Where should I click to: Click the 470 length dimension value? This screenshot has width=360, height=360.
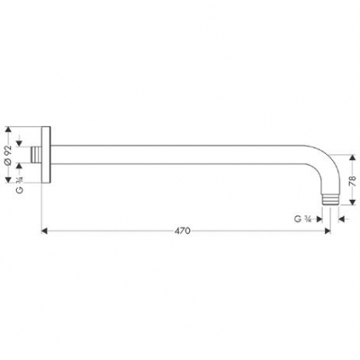pyautogui.click(x=183, y=230)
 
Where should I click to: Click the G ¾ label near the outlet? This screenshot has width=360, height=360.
pyautogui.click(x=304, y=219)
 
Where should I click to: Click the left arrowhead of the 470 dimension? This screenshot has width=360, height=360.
pyautogui.click(x=46, y=230)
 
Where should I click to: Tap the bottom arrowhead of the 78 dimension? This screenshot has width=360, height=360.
pyautogui.click(x=344, y=201)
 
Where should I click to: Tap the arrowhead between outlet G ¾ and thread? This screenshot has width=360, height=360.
pyautogui.click(x=321, y=219)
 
